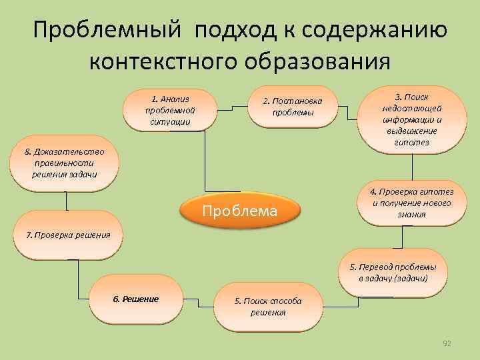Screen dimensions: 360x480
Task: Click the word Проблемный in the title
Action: [107, 31]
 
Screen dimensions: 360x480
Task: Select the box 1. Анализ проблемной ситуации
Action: [170, 109]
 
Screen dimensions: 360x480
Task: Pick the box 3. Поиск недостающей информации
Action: [411, 119]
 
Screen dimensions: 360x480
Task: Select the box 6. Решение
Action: [136, 299]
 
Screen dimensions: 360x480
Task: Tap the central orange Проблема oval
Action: [239, 211]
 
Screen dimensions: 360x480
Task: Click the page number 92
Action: [447, 343]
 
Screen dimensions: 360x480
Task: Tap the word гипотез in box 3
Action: [411, 143]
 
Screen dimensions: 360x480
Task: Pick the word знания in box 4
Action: [411, 215]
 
